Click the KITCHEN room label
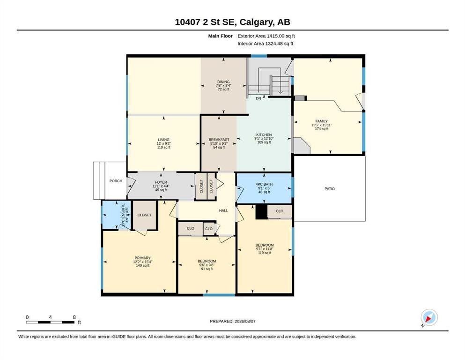pyautogui.click(x=264, y=135)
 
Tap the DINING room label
pyautogui.click(x=223, y=82)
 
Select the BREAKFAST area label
pyautogui.click(x=219, y=140)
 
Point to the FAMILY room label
pyautogui.click(x=321, y=121)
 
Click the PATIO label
pyautogui.click(x=330, y=189)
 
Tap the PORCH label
pyautogui.click(x=116, y=181)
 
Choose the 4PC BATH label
pyautogui.click(x=264, y=184)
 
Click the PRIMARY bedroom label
pyautogui.click(x=143, y=258)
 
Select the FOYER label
pyautogui.click(x=161, y=182)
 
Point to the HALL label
pyautogui.click(x=224, y=210)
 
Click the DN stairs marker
pyautogui.click(x=258, y=98)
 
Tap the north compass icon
pyautogui.click(x=429, y=317)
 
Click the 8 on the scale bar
pyautogui.click(x=74, y=317)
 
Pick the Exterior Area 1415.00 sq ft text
pyautogui.click(x=266, y=36)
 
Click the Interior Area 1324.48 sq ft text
pyautogui.click(x=266, y=44)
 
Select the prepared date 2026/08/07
pyautogui.click(x=245, y=321)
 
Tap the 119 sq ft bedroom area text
pyautogui.click(x=265, y=253)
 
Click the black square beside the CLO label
pyautogui.click(x=262, y=212)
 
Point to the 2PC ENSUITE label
pyautogui.click(x=123, y=215)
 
